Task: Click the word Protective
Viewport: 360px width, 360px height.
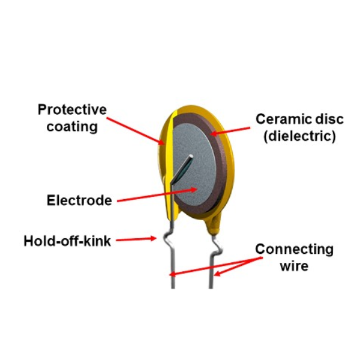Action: click(72, 110)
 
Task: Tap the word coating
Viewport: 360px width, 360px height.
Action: click(71, 127)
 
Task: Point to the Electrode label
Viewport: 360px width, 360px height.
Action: click(79, 200)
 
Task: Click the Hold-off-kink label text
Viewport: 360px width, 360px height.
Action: click(67, 241)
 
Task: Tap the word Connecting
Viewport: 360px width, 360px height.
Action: click(294, 249)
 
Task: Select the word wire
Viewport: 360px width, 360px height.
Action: click(293, 265)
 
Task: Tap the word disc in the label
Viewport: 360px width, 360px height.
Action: click(319, 119)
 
